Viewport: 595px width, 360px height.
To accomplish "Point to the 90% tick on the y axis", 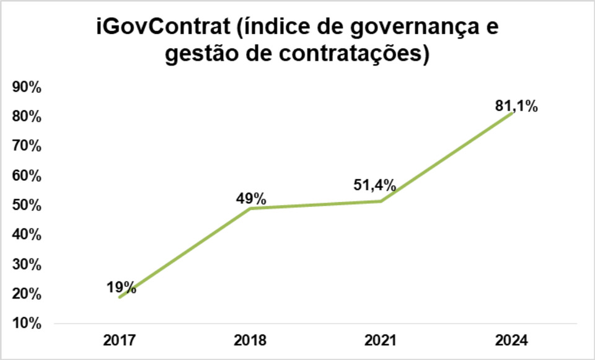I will coord(27,87).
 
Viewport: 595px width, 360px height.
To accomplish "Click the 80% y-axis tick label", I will coord(27,117).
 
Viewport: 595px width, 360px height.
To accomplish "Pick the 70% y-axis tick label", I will coord(27,146).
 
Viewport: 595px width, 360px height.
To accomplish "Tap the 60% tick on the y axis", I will coord(27,176).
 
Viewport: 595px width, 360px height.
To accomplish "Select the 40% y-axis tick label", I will coord(27,235).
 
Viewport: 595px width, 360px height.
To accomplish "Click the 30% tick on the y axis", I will coord(27,265).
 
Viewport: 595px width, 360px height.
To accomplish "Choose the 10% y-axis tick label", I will coord(27,323).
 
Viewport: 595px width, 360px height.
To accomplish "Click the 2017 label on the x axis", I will coord(120,340).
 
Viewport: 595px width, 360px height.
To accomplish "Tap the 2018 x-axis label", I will coord(250,340).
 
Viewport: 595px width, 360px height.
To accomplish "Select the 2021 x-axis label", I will coord(381,340).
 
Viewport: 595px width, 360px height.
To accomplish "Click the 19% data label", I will coord(121,286).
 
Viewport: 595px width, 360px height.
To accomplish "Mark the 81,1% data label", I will coord(516,106).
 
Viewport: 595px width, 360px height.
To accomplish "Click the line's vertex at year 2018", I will coord(250,208).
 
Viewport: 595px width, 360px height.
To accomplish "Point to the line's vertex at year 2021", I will coord(381,201).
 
